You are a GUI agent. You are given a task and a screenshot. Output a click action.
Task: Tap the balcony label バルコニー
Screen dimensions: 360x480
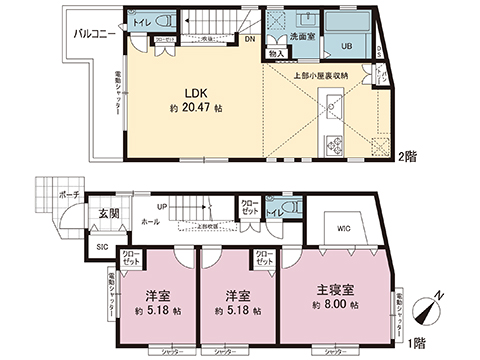[x=98, y=35]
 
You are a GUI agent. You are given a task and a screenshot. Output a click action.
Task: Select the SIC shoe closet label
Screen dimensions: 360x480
[x=101, y=246]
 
